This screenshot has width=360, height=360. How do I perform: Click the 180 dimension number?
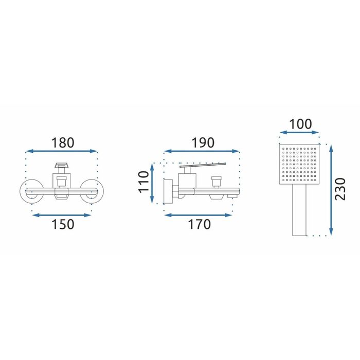click(x=63, y=142)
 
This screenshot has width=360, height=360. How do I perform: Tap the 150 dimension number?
click(x=63, y=224)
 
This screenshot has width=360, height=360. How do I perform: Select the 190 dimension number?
click(x=203, y=142)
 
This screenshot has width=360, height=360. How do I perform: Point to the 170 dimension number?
click(x=200, y=224)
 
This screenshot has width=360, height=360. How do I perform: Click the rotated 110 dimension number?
click(x=143, y=182)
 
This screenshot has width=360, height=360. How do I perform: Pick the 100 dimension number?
click(x=300, y=124)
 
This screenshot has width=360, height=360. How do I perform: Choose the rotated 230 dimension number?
click(x=340, y=189)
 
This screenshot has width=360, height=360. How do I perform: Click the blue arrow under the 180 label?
click(x=61, y=151)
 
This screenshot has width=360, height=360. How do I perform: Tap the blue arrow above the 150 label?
click(x=62, y=215)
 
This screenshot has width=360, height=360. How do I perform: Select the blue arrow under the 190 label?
click(x=202, y=151)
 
